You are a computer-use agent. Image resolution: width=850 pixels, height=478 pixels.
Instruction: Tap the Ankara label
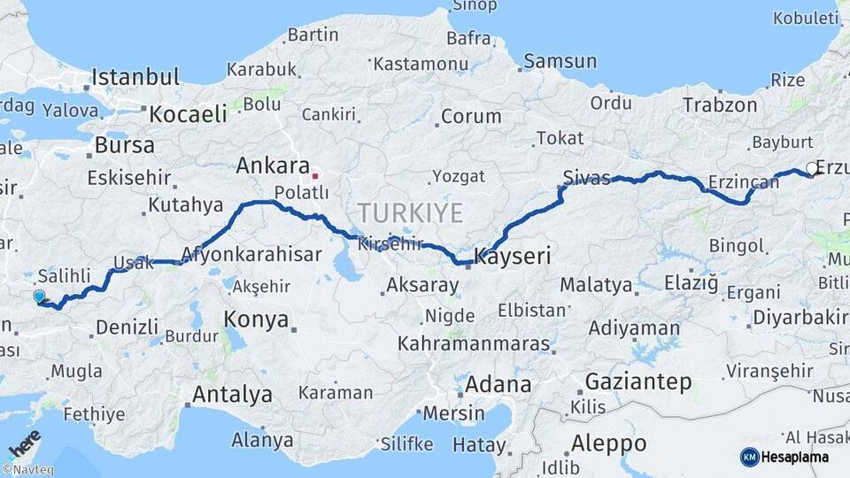pos(273,166)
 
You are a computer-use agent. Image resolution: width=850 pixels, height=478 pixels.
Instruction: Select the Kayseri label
pos(513,258)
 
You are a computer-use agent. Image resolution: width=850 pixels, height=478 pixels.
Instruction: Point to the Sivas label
pos(587,178)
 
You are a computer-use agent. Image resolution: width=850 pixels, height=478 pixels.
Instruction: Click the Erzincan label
pos(744,182)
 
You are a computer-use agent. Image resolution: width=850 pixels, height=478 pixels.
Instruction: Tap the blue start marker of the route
pos(39,297)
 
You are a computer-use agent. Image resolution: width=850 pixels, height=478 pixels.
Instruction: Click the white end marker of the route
pos(812,168)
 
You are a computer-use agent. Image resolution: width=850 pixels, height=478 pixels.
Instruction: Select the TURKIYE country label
pos(411,212)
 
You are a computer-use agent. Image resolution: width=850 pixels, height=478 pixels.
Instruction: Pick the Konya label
pos(257,320)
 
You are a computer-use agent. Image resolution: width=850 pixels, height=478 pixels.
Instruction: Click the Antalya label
pos(232,395)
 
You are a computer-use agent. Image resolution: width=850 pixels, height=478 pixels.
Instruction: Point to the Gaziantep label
pos(637,382)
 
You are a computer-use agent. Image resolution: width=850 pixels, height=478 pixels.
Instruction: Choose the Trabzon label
pos(719,104)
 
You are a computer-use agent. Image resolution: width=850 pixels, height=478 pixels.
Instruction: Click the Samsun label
pos(560,61)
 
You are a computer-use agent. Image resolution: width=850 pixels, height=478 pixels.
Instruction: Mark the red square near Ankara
pos(314,175)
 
